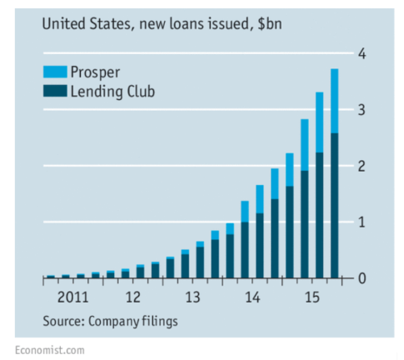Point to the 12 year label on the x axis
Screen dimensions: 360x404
point(132,297)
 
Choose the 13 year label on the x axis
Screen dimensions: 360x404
point(192,297)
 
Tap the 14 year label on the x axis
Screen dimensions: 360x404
point(252,297)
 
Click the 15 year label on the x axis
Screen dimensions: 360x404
point(312,297)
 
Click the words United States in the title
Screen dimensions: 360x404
point(82,25)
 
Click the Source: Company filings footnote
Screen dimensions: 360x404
point(111,320)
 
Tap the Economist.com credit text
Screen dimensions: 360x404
point(48,350)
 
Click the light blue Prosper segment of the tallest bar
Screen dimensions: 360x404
point(334,101)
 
